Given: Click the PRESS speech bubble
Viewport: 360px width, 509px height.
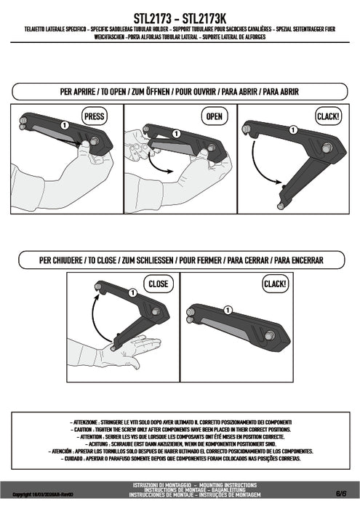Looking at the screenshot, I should (95, 116).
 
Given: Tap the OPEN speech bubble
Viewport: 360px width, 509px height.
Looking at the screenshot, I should (214, 116).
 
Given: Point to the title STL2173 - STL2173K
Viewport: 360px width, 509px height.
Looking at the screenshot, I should (180, 14).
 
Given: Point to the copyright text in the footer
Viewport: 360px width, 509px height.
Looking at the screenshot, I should (40, 494).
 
